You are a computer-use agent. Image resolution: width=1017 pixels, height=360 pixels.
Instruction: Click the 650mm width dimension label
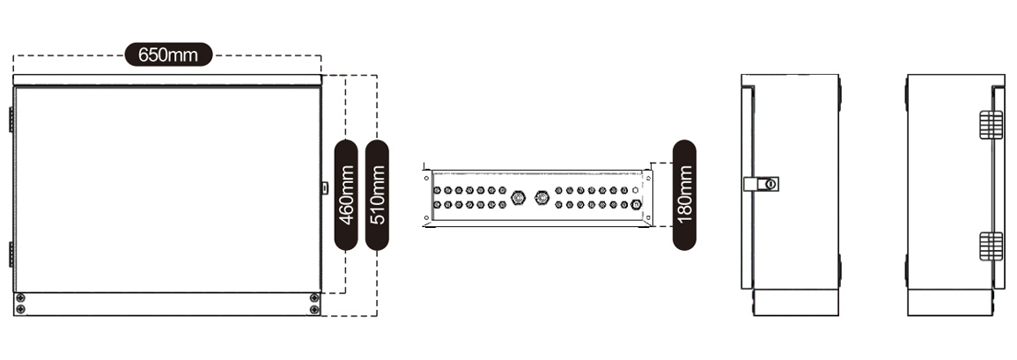tap(169, 55)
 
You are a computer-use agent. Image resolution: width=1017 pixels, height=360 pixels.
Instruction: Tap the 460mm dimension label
tap(346, 195)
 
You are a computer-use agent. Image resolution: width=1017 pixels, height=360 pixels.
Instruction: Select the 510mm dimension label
tap(377, 195)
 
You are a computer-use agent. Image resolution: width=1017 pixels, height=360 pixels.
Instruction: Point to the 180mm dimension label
tap(684, 195)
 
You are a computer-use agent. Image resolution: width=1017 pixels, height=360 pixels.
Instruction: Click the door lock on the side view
tap(762, 184)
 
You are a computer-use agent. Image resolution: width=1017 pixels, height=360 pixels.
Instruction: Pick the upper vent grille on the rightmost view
tap(991, 124)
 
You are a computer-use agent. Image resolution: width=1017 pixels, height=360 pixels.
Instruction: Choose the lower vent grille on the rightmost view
tap(991, 246)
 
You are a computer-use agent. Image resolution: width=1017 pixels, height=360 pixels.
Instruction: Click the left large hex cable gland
tap(518, 196)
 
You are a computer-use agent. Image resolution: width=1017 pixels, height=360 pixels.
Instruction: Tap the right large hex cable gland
tap(541, 196)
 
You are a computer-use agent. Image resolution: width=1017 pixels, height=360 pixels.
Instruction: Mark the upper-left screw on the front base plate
tap(21, 298)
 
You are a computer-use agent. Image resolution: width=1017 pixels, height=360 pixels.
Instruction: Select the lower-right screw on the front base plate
tap(314, 310)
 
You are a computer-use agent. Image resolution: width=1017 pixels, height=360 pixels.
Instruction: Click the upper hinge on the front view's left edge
tap(11, 120)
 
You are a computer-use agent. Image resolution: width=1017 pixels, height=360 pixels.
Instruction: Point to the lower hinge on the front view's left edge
tap(11, 254)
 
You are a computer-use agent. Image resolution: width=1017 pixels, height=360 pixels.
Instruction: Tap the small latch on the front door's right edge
tap(325, 188)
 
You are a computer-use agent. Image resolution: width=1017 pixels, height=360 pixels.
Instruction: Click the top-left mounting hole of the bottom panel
tap(426, 177)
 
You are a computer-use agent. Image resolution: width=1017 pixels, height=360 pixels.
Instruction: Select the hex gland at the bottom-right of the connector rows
tap(637, 204)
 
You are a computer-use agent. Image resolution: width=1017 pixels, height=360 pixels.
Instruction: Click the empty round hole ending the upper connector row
tap(635, 191)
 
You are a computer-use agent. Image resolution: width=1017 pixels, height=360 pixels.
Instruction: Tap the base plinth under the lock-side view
tap(796, 302)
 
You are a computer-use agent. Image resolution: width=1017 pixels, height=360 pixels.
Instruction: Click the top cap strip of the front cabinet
tap(167, 80)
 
